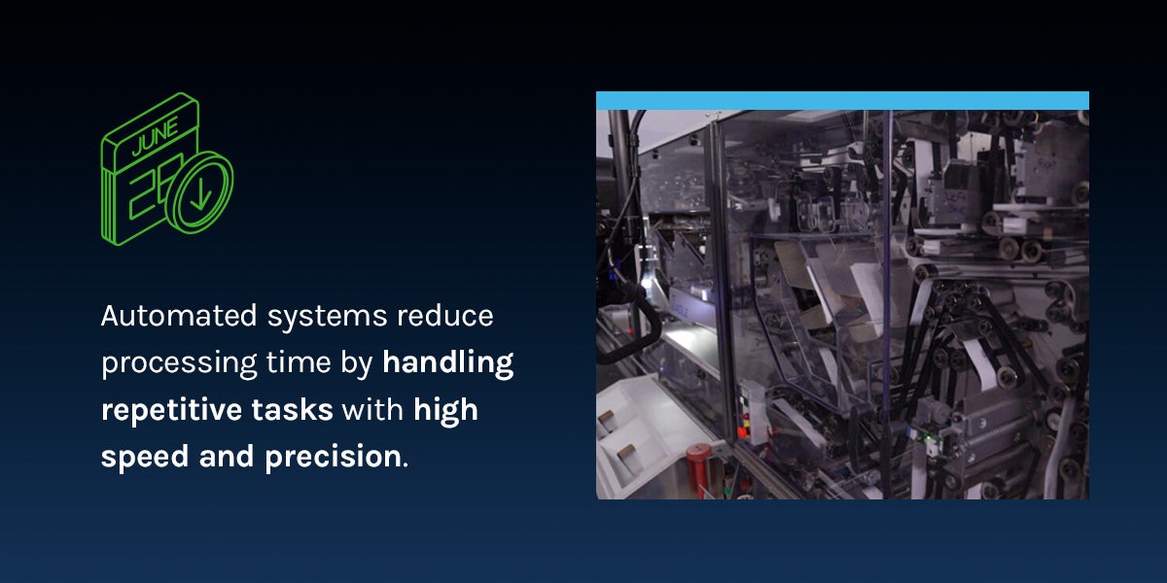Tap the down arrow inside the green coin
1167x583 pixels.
click(200, 192)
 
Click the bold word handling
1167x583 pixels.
click(448, 363)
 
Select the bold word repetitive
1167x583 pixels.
click(181, 410)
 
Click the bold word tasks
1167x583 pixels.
click(299, 410)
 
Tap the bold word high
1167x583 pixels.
click(445, 410)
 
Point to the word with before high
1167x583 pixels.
click(373, 410)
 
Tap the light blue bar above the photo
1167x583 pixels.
click(842, 100)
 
